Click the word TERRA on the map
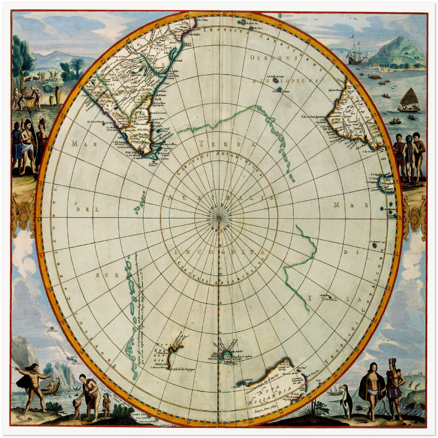(x=227, y=144)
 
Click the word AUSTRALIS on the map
(x=219, y=198)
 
